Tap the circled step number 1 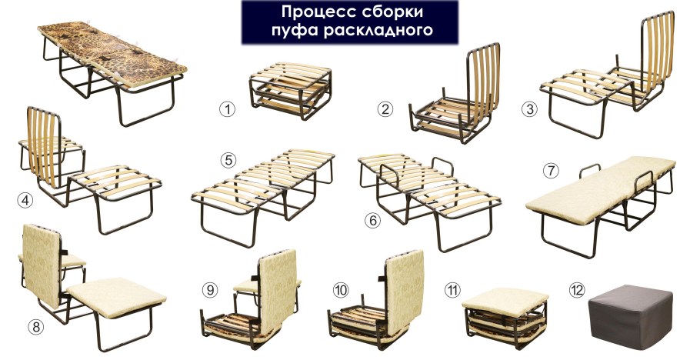227,108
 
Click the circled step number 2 386,108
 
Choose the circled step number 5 227,160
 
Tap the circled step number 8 36,326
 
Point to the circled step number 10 342,290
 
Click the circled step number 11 454,290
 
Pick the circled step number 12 577,290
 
